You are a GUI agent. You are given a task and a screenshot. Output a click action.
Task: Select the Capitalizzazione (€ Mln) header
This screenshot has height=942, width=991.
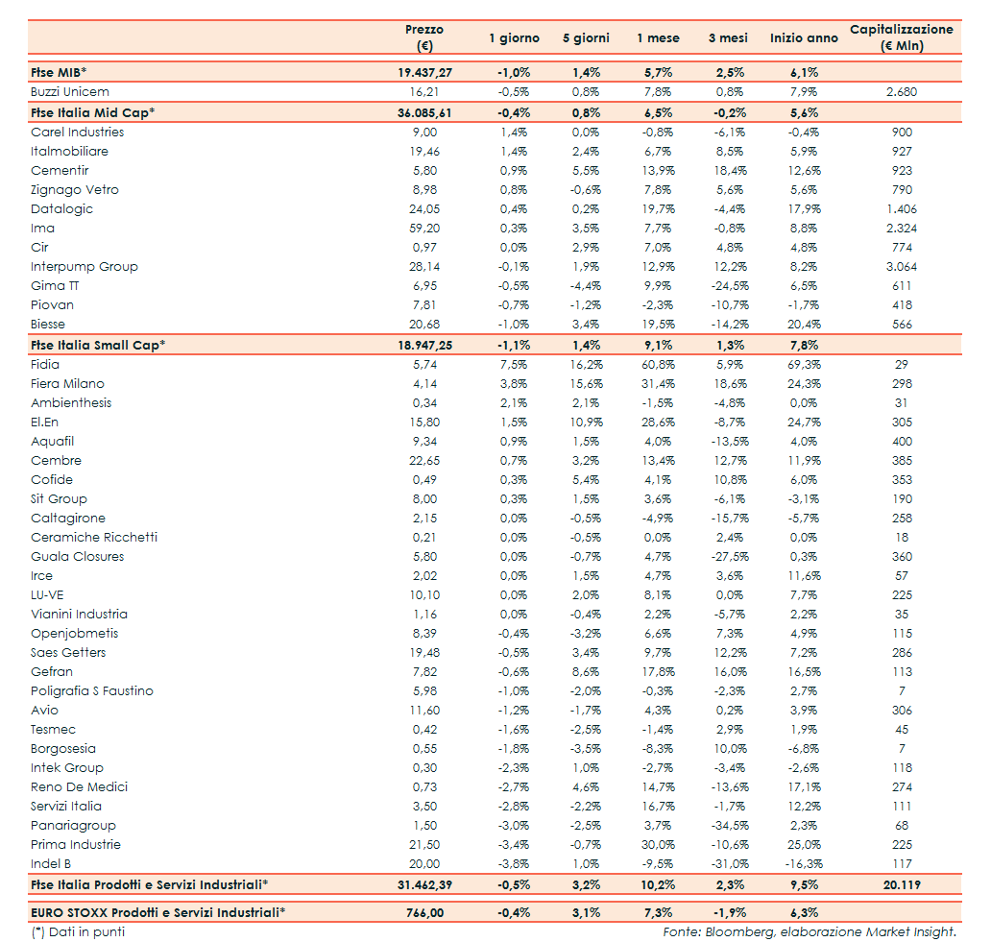click(x=901, y=37)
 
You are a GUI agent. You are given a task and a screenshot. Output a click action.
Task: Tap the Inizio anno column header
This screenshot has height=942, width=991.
click(x=804, y=38)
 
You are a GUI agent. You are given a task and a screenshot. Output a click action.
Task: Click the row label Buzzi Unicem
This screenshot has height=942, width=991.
click(x=70, y=92)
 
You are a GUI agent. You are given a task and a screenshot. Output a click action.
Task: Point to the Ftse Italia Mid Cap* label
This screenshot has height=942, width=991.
click(x=92, y=112)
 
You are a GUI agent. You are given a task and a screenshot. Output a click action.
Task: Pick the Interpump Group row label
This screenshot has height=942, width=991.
click(x=85, y=267)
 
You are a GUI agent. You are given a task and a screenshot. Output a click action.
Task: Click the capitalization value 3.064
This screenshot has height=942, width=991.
click(x=902, y=267)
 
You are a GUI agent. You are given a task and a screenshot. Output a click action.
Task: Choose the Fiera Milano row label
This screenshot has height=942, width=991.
click(x=67, y=384)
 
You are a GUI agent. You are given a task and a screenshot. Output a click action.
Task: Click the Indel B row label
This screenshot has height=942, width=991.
click(x=52, y=864)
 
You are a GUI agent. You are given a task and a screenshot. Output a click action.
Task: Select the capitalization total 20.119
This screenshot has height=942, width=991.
click(x=902, y=884)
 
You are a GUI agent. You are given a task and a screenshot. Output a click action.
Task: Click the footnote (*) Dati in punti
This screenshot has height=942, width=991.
click(x=78, y=931)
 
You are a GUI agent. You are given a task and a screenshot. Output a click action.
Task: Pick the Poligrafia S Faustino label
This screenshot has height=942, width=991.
click(x=92, y=691)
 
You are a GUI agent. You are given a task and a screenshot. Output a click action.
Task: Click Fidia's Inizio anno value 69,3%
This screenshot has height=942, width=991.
click(x=803, y=365)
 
